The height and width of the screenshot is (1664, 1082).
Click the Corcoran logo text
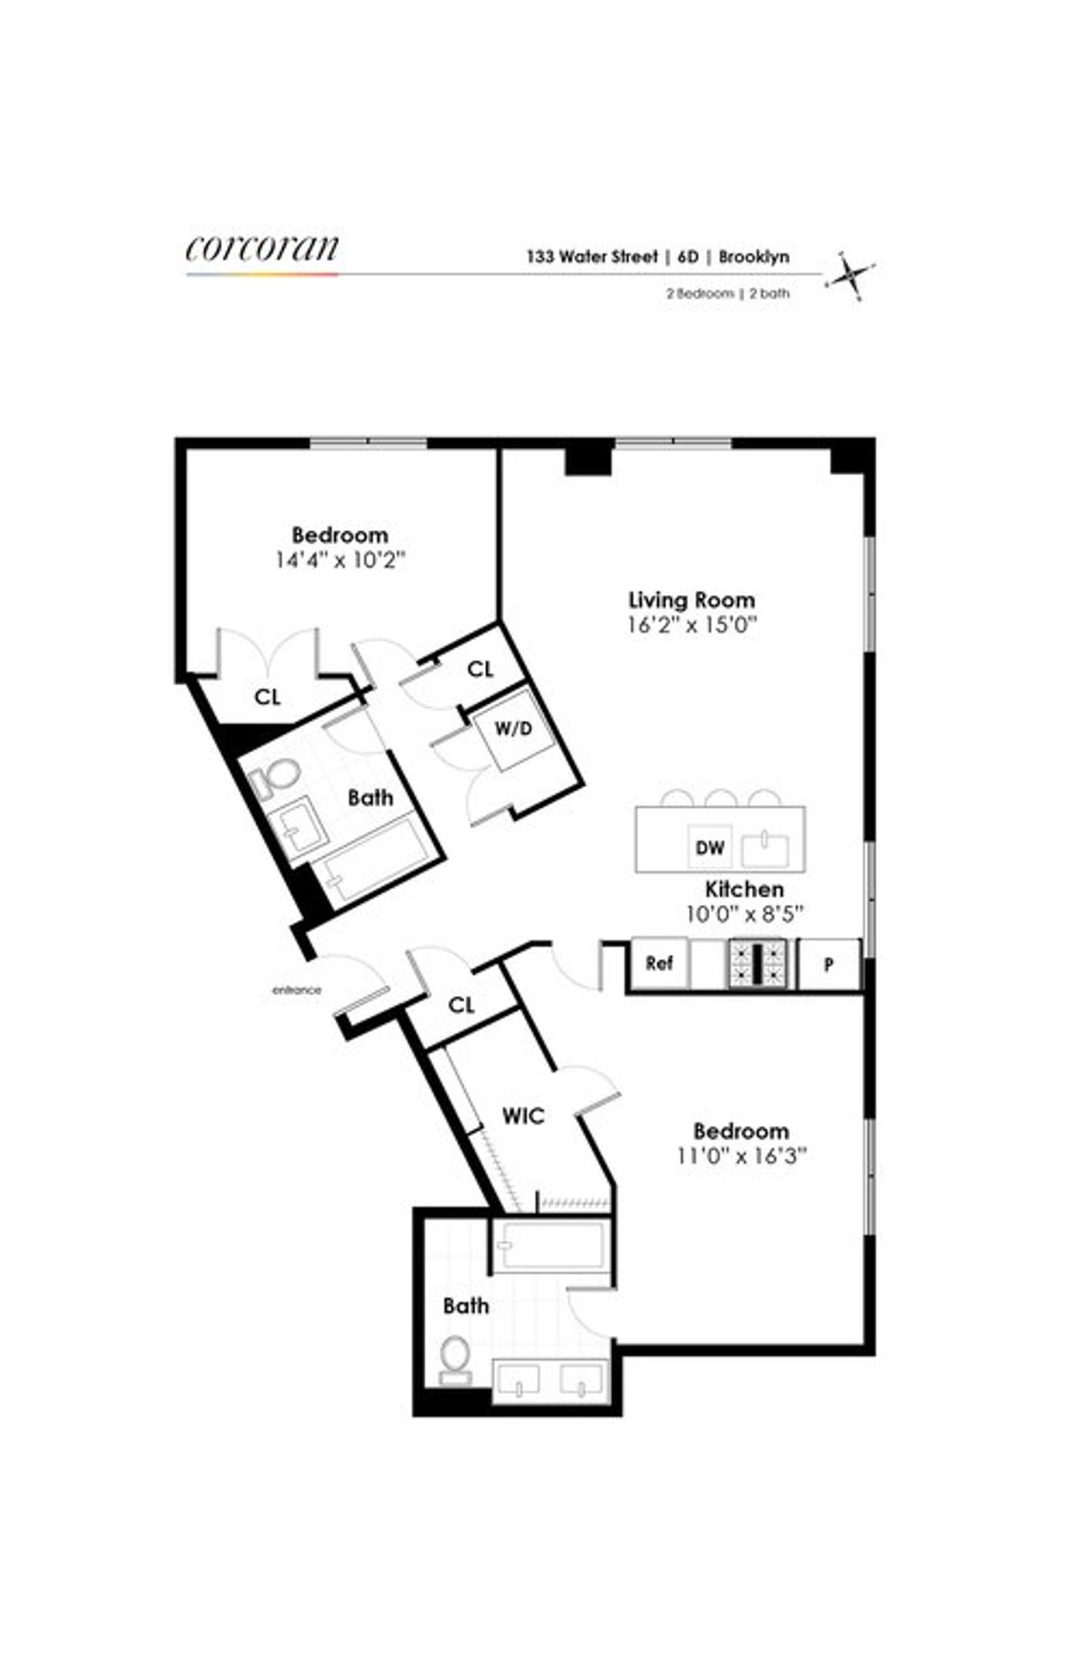click(262, 249)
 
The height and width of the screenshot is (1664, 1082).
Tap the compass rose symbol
click(850, 275)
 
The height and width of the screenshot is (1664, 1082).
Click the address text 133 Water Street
click(591, 256)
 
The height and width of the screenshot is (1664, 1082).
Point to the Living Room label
click(692, 599)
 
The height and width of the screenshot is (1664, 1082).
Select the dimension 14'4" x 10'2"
click(340, 560)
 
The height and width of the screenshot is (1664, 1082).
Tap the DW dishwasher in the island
click(711, 847)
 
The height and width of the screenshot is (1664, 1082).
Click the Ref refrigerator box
click(659, 964)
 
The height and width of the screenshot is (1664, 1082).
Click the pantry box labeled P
click(829, 965)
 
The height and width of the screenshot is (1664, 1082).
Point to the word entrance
click(297, 990)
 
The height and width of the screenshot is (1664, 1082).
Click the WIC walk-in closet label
click(523, 1117)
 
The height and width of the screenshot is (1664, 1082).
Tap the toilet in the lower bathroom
click(455, 1358)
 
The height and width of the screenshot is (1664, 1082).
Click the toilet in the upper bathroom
click(279, 778)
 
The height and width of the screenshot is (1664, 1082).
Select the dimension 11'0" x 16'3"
click(741, 1156)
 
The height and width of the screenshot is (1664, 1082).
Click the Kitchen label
click(744, 890)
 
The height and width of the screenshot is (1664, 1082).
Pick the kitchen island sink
click(766, 848)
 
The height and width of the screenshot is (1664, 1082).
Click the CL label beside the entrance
click(461, 1004)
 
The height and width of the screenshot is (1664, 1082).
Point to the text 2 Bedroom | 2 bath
click(728, 293)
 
